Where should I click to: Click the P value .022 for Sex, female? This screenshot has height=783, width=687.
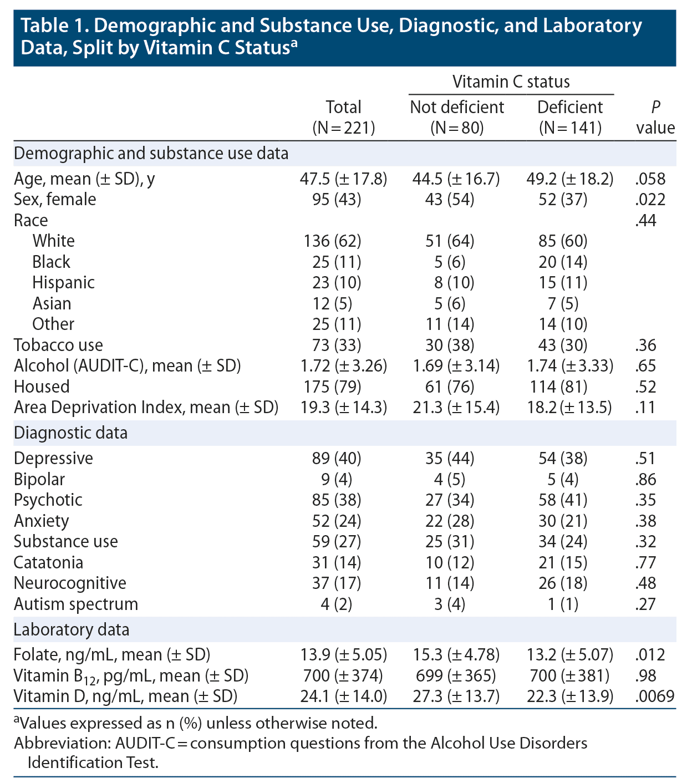(x=650, y=200)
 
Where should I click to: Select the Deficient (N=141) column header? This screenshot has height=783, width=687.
(x=570, y=117)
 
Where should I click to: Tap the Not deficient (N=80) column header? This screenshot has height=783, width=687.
(x=457, y=117)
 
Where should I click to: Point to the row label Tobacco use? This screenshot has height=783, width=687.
(x=58, y=345)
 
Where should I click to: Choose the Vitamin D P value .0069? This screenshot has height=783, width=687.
(x=654, y=696)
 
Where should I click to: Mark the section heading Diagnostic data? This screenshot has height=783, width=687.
(x=70, y=433)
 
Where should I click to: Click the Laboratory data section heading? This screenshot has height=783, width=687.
(x=72, y=630)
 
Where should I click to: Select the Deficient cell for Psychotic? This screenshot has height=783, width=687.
(x=563, y=500)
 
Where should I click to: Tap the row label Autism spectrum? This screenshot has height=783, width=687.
(x=76, y=604)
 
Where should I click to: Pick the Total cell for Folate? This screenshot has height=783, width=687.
(x=343, y=655)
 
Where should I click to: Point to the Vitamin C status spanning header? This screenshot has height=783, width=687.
(x=511, y=82)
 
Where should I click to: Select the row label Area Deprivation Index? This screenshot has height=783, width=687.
(x=146, y=408)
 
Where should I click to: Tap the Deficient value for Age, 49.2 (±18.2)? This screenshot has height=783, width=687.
(x=569, y=179)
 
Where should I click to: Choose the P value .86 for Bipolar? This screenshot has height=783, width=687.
(x=646, y=480)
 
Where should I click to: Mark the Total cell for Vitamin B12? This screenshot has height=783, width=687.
(x=343, y=676)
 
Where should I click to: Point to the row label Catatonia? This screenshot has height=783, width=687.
(x=48, y=562)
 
